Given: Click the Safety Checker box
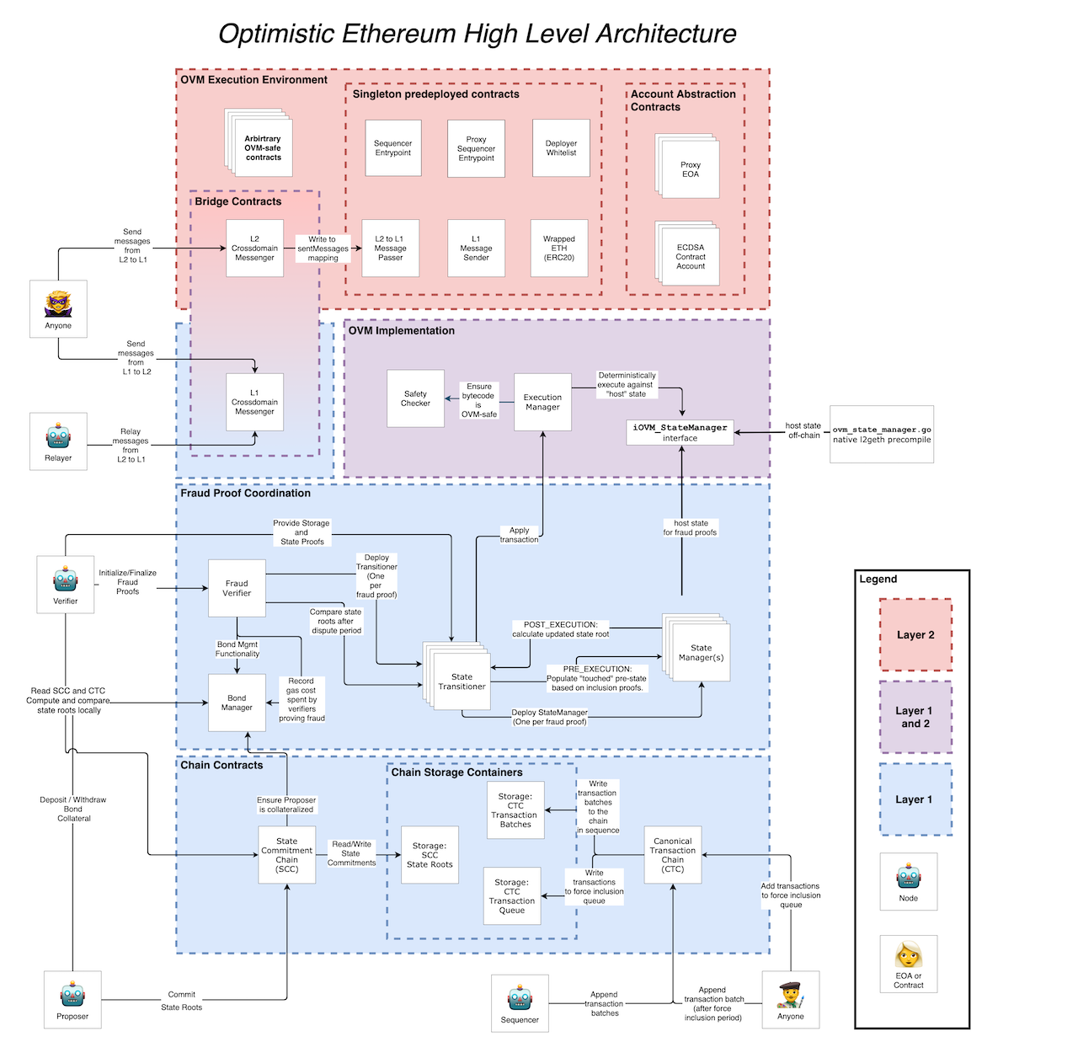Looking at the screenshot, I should click(x=415, y=398).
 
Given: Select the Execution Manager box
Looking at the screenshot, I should click(x=542, y=402).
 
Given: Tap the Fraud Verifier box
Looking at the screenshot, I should click(x=237, y=588).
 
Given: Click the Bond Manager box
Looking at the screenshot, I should click(x=237, y=703).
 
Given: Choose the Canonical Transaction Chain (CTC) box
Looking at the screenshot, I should click(x=673, y=855).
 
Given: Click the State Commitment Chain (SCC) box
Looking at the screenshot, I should click(x=286, y=855).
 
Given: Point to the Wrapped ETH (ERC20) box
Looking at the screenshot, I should click(x=559, y=248).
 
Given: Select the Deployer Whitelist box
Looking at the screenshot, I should click(x=561, y=148).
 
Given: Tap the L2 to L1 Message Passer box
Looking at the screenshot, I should click(x=390, y=248).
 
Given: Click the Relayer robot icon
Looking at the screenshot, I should click(x=58, y=435).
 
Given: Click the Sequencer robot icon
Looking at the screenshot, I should click(x=520, y=998).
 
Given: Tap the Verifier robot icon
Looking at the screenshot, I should click(x=66, y=579).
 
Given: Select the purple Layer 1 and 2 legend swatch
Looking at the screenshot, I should click(x=915, y=717).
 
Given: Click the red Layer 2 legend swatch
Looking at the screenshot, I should click(x=915, y=634).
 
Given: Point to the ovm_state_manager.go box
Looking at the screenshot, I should click(x=882, y=434).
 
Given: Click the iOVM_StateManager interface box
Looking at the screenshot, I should click(x=680, y=432).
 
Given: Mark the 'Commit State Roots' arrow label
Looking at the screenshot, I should click(x=181, y=1001).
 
